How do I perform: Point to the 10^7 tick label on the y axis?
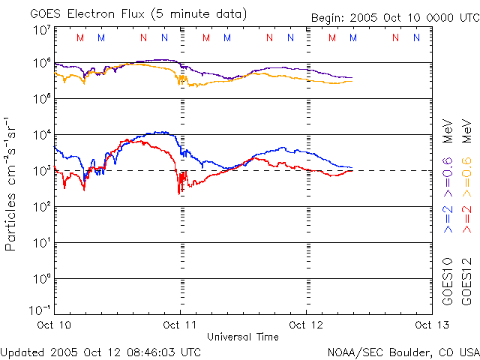[41, 30]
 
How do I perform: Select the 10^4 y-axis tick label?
[41, 135]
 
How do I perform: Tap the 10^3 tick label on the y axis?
[41, 171]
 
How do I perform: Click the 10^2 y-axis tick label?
[41, 207]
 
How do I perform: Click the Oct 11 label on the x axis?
[180, 325]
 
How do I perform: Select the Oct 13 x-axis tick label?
[428, 325]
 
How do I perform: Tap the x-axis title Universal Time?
[242, 337]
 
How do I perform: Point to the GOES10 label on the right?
[448, 280]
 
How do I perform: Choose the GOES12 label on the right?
[466, 280]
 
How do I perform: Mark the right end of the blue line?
[352, 167]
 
